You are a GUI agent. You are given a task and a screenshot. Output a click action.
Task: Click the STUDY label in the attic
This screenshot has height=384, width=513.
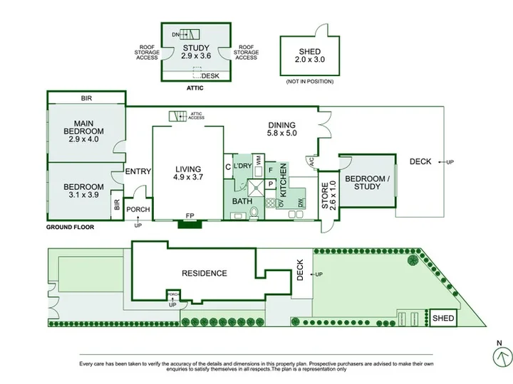tap(196, 48)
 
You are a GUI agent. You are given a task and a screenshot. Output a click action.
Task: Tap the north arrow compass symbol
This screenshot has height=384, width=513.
tap(502, 356)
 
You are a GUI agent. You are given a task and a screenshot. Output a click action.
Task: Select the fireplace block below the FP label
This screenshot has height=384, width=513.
tap(190, 224)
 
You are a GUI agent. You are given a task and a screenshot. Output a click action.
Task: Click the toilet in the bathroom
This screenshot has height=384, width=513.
tap(254, 213)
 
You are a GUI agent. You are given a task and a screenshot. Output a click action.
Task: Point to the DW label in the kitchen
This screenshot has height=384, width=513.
tap(301, 203)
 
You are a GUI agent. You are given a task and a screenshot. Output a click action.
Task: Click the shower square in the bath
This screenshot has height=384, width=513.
tap(256, 188)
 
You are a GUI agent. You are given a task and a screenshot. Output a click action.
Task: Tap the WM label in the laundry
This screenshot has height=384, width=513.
tap(259, 161)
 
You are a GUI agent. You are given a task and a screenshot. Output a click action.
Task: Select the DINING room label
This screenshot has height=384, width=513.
tap(281, 125)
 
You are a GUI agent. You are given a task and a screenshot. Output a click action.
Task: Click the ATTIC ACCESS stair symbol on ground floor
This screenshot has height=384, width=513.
tap(177, 116)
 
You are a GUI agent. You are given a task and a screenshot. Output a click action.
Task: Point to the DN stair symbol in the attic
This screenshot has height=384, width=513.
tap(190, 34)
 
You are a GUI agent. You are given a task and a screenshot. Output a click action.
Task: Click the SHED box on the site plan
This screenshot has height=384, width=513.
tap(443, 318)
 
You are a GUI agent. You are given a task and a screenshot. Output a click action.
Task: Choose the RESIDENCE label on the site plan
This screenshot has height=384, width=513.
tap(204, 273)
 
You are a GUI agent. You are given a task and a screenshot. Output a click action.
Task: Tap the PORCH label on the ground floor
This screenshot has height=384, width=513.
tap(138, 209)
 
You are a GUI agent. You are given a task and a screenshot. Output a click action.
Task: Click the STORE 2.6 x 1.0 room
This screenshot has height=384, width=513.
tap(328, 196)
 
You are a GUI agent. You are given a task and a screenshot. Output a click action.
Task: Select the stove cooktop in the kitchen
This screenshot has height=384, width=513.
tap(271, 203)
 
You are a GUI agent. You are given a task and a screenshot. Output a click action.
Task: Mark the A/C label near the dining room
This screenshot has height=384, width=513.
tap(311, 161)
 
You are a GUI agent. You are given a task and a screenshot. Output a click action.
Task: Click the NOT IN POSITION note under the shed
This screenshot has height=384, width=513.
tap(310, 81)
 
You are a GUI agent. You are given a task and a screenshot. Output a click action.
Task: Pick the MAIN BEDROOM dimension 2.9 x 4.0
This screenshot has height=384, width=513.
tap(84, 139)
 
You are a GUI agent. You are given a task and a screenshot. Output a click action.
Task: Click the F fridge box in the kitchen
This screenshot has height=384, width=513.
tap(270, 170)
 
